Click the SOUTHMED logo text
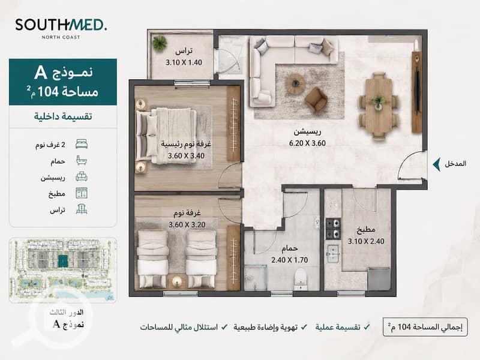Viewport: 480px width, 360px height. tap(61, 25)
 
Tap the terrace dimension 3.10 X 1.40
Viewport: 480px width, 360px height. tap(184, 62)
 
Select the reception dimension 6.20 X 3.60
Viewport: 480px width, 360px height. tap(307, 143)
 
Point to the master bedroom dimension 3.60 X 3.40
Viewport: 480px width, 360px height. tap(186, 156)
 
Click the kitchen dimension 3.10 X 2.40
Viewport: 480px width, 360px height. tap(366, 241)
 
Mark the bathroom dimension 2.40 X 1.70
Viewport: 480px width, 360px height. tap(290, 260)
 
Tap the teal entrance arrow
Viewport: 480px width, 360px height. tap(437, 164)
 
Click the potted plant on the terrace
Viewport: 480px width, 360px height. tap(160, 42)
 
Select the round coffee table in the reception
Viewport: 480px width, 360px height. tap(295, 83)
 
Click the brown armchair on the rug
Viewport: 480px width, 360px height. tap(316, 98)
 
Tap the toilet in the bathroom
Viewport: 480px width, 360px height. tap(301, 279)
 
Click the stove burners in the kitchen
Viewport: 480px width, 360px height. tap(333, 229)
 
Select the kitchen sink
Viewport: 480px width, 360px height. tap(333, 254)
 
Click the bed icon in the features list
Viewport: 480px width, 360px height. tap(82, 144)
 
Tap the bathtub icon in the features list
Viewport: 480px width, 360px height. tap(82, 160)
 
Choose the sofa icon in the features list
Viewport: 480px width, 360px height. tap(82, 176)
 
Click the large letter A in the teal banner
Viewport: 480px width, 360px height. tap(41, 73)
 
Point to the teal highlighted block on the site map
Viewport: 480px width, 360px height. tap(63, 260)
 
